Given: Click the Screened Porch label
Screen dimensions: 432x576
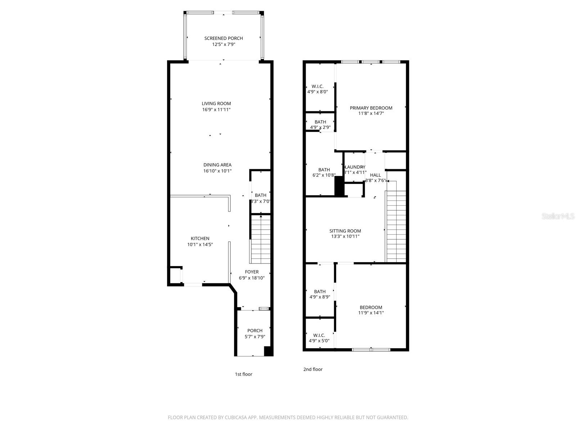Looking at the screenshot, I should point(224,38).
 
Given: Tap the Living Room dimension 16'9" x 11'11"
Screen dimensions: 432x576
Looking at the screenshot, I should point(216,109).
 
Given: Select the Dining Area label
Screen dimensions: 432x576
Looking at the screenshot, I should point(217,165).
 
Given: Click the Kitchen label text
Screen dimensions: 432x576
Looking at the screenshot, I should point(200,238).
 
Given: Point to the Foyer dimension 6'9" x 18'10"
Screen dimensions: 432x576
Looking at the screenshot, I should point(252,278).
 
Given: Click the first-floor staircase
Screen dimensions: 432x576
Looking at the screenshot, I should point(260,239).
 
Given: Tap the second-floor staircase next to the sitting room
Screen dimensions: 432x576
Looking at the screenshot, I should point(396,227).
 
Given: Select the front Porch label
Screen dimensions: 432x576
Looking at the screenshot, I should point(255,330).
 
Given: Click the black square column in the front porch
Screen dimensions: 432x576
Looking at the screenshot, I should point(268,351).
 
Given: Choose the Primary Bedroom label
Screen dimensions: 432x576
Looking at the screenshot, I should point(371,108).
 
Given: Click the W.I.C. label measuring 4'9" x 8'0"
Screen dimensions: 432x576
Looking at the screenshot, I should point(318,86).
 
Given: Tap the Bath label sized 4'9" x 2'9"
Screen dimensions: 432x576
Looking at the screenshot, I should point(320,122).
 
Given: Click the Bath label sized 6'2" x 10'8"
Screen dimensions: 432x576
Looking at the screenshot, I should point(324,170).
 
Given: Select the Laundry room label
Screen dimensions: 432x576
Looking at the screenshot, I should point(355,167).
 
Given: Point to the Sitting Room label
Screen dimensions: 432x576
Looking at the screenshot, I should point(345,231).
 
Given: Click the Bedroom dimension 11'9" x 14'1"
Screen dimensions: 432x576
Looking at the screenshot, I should point(371,313).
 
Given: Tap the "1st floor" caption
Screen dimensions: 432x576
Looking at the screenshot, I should point(244,374).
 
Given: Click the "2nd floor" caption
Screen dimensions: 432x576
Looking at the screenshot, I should point(313,369).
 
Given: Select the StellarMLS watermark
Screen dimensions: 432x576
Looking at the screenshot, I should point(558,216).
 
